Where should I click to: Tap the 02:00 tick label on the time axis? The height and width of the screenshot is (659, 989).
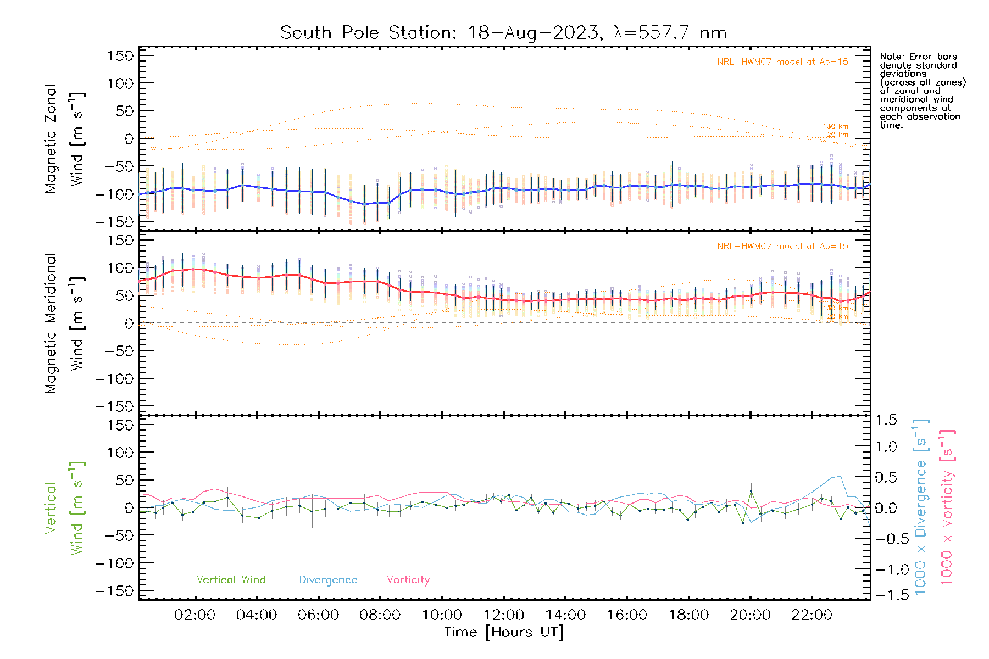[x=195, y=615]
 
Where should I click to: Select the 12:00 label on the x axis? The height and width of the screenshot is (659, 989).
[x=503, y=615]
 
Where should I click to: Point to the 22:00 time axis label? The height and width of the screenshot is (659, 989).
[x=812, y=615]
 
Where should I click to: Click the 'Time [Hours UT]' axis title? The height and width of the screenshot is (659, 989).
[x=503, y=632]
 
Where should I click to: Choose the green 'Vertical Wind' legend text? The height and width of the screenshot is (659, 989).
[x=231, y=580]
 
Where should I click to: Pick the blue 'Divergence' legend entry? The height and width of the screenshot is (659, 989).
[x=328, y=580]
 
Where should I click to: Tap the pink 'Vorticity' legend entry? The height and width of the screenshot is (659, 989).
[x=408, y=580]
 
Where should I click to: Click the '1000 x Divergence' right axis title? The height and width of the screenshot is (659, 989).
[x=920, y=507]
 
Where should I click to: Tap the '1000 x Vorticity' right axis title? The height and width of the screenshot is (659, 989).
[x=947, y=507]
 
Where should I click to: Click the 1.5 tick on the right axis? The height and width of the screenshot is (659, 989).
[x=886, y=420]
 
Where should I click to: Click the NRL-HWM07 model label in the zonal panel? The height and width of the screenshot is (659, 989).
[x=782, y=62]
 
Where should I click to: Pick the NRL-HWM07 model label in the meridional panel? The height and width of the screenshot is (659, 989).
[x=782, y=247]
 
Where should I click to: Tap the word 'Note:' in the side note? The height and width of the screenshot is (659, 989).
[x=892, y=57]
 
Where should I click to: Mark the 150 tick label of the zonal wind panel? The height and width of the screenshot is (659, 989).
[x=120, y=56]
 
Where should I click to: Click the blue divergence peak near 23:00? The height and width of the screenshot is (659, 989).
[x=838, y=476]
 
